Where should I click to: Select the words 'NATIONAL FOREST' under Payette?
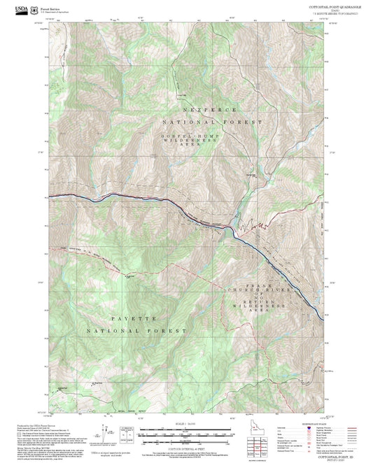(136, 329)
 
